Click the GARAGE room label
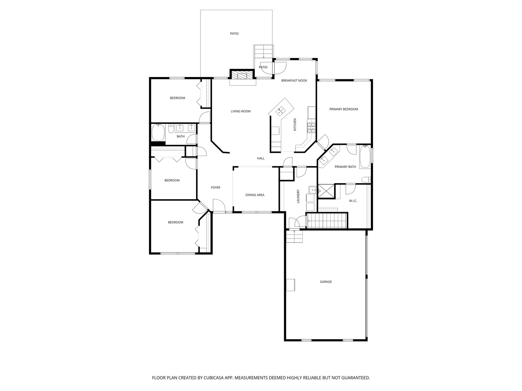[x=326, y=282]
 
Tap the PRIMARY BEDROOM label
[x=343, y=109]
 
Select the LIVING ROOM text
[x=241, y=111]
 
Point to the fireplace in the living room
[x=239, y=75]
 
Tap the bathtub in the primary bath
[x=365, y=157]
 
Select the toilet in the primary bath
[x=366, y=179]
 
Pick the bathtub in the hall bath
[x=158, y=133]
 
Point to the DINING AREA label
[x=255, y=195]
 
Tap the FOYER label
[x=216, y=188]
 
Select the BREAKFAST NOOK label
[x=294, y=80]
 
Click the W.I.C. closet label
[x=353, y=201]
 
